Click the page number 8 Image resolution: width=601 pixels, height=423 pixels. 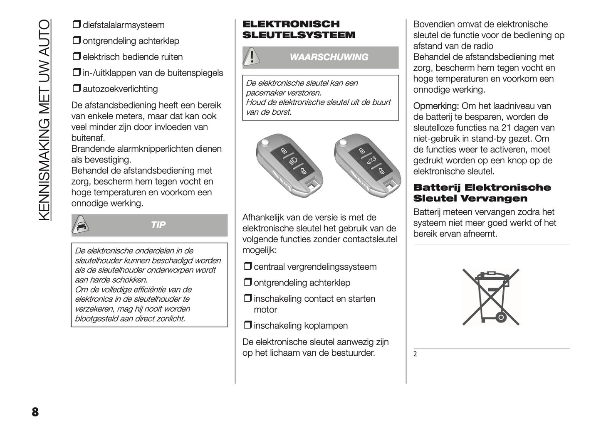click(x=35, y=412)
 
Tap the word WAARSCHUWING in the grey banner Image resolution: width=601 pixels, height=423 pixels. click(x=329, y=57)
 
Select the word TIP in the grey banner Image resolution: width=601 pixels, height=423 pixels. click(x=158, y=225)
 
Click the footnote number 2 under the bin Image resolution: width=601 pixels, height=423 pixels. click(x=415, y=354)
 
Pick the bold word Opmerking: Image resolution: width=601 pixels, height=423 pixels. click(x=436, y=106)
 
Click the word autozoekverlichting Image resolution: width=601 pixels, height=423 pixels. click(x=120, y=89)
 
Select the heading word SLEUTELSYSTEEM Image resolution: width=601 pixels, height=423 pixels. click(x=299, y=35)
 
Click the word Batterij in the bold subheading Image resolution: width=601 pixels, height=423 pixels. click(x=438, y=187)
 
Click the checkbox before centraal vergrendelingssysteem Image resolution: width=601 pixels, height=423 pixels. click(x=247, y=267)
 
